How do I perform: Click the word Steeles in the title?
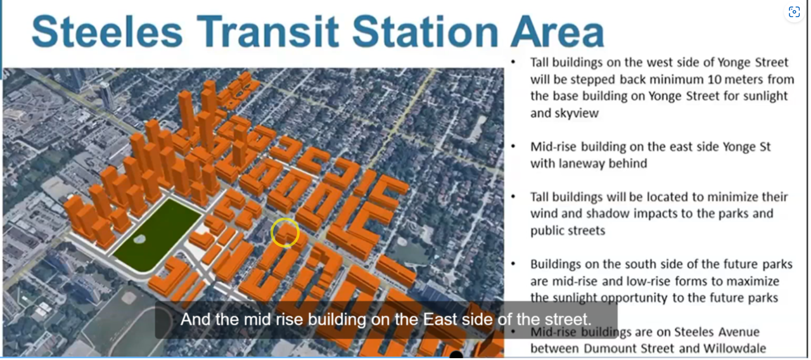[107, 32]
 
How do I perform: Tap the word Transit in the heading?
[268, 32]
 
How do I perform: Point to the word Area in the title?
[558, 32]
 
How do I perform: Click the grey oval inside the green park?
[139, 239]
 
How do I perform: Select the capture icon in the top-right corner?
[794, 12]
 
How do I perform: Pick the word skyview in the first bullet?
[565, 113]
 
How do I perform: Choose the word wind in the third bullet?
[544, 214]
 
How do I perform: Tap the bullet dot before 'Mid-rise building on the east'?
[513, 146]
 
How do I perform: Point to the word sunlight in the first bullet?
[765, 96]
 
